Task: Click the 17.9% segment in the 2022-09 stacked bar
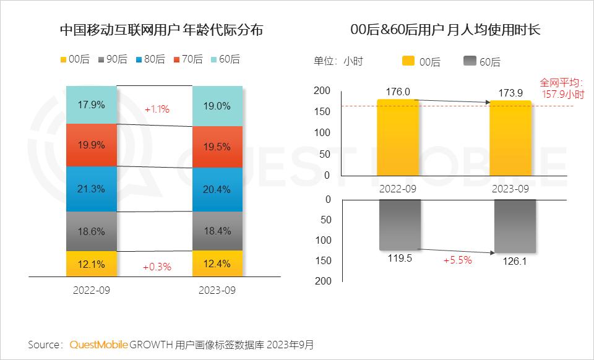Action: [x=91, y=105]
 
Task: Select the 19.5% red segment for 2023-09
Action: [x=217, y=147]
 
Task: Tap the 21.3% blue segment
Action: [x=91, y=189]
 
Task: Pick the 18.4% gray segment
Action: [x=217, y=231]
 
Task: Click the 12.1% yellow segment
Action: [x=91, y=264]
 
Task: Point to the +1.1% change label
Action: [x=157, y=109]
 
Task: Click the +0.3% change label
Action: [x=157, y=267]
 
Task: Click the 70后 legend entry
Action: [x=188, y=59]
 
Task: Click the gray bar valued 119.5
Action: [x=400, y=225]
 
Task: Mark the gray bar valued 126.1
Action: [x=515, y=226]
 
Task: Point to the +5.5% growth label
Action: [x=457, y=260]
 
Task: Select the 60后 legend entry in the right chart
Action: [x=481, y=61]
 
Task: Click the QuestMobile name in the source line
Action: [x=98, y=344]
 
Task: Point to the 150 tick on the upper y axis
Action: [x=322, y=111]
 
